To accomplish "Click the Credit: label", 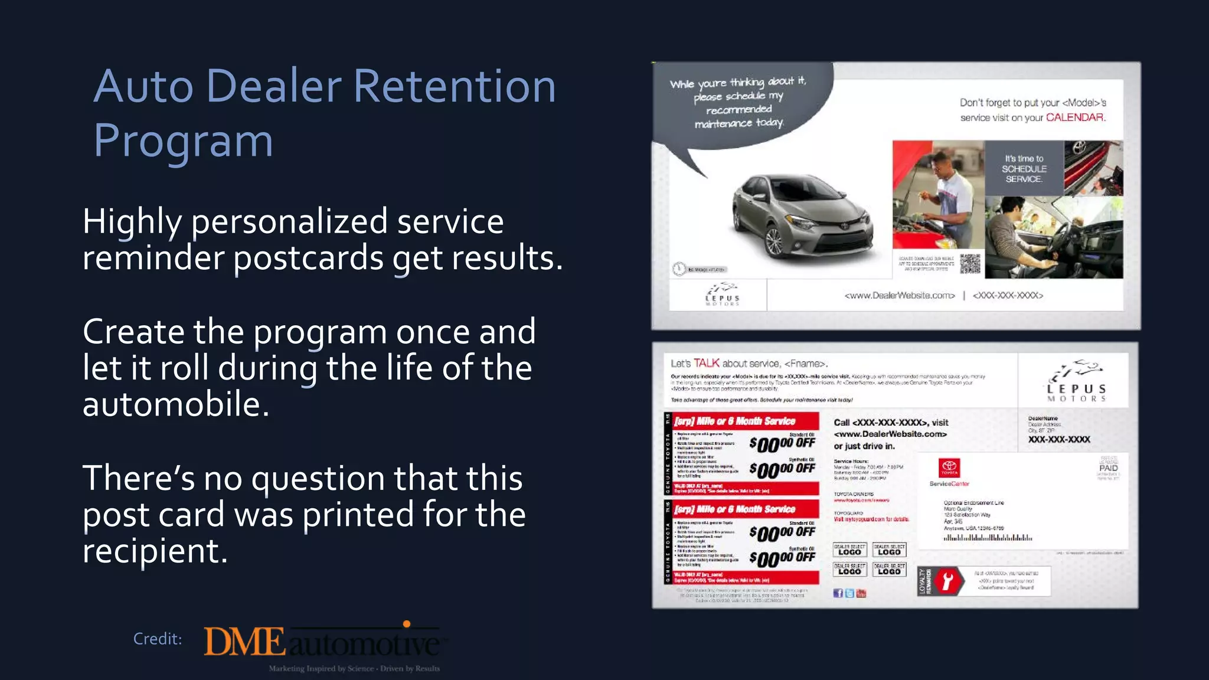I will pyautogui.click(x=157, y=639).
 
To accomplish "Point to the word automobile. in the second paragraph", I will pyautogui.click(x=176, y=405).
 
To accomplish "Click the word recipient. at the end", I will pyautogui.click(x=155, y=551).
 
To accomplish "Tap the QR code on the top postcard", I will pyautogui.click(x=969, y=263).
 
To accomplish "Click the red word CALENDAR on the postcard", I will pyautogui.click(x=1075, y=117).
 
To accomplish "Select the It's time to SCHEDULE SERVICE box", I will pyautogui.click(x=1024, y=169).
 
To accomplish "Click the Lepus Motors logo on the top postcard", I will pyautogui.click(x=722, y=294).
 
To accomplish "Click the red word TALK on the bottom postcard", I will pyautogui.click(x=706, y=363).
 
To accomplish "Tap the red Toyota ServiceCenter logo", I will pyautogui.click(x=949, y=469).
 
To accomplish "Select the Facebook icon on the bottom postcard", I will pyautogui.click(x=838, y=593).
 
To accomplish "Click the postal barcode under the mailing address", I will pyautogui.click(x=988, y=538).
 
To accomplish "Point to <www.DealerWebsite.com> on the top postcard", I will pyautogui.click(x=899, y=295).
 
